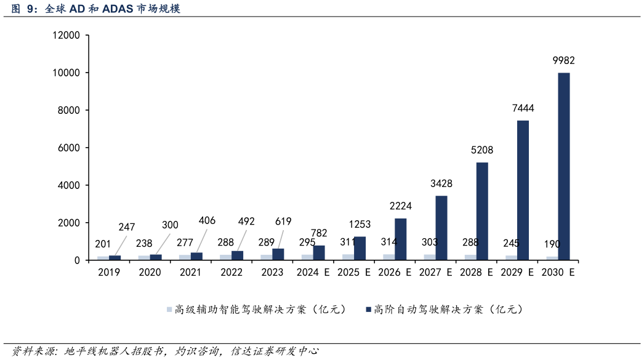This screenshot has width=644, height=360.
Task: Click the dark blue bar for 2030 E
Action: [563, 166]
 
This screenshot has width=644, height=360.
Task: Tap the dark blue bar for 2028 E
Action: [482, 210]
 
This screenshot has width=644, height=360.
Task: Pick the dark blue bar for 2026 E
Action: [400, 239]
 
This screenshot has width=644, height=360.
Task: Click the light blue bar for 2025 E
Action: [348, 257]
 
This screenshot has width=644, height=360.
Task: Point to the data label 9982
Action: [563, 60]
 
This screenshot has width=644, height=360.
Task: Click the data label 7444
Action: [523, 108]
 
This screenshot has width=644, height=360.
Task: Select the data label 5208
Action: [482, 150]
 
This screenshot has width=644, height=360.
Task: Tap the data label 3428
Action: [441, 183]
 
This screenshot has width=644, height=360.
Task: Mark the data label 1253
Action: [360, 225]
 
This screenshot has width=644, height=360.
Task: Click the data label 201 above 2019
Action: [103, 244]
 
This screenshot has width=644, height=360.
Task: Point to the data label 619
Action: [283, 222]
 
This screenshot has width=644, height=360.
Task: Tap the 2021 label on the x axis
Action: [191, 272]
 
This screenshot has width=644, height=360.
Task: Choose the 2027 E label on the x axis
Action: [436, 272]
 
